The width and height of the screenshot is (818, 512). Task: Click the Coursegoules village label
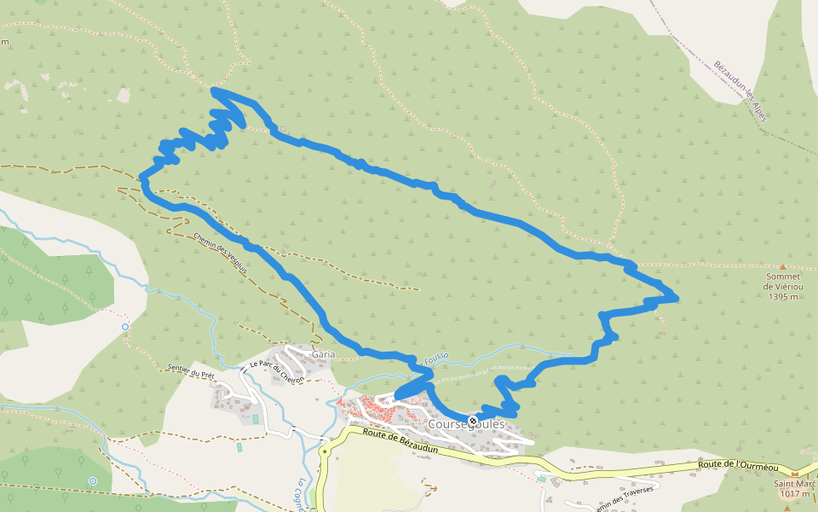click(466, 424)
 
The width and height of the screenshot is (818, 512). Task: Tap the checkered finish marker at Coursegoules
click(473, 421)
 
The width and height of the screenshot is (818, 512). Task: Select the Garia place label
click(323, 354)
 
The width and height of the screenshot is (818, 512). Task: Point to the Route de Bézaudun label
click(400, 441)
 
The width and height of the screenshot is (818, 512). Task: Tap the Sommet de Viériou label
click(782, 282)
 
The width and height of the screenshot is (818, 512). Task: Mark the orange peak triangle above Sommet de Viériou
click(782, 266)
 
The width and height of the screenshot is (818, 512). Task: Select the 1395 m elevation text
click(782, 296)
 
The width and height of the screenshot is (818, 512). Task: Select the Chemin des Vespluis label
click(220, 253)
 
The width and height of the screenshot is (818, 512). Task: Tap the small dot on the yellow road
click(325, 451)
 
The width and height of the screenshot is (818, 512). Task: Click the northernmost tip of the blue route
click(213, 89)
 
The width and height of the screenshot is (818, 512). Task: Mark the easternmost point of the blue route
click(677, 298)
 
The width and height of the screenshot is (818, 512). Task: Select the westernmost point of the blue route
click(141, 177)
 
